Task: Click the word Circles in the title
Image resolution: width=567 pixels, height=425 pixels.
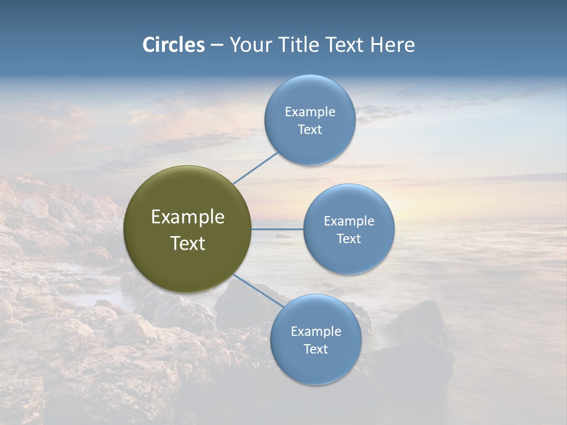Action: [x=174, y=45]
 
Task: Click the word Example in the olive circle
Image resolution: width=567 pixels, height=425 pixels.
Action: [x=188, y=217]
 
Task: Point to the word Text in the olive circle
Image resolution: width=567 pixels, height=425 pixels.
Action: [x=188, y=243]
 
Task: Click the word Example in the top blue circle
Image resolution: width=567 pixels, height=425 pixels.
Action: [x=310, y=112]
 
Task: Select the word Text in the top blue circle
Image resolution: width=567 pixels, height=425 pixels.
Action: [x=310, y=130]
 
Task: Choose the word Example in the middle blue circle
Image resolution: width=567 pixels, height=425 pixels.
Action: [x=349, y=221]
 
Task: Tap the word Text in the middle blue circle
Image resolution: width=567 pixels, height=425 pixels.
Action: [x=349, y=239]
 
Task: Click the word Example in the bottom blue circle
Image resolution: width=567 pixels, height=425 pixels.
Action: [x=316, y=332]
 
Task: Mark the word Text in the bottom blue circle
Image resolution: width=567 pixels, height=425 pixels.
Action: [x=316, y=349]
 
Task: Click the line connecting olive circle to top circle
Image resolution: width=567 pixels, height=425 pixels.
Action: [x=255, y=168]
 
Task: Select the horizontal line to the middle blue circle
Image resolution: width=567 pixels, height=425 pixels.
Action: [x=278, y=229]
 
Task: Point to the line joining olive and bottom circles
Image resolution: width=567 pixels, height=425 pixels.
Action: [x=259, y=290]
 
